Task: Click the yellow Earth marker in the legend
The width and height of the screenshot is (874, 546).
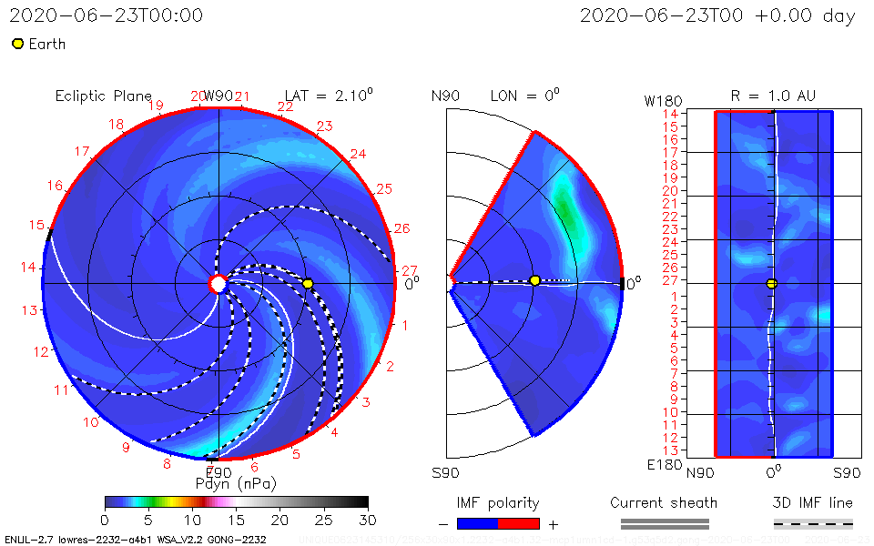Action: click(17, 44)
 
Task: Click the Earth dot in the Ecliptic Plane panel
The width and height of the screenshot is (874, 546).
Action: click(308, 284)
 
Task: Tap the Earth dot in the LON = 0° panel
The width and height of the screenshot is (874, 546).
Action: click(534, 280)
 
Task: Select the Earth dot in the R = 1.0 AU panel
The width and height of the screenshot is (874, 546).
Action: click(772, 284)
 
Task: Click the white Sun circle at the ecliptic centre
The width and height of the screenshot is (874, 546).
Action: click(218, 284)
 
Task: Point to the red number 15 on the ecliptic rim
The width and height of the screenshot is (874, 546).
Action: click(36, 225)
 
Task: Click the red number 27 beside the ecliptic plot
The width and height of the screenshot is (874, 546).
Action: click(409, 270)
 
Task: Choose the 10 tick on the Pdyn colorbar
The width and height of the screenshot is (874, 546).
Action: click(192, 519)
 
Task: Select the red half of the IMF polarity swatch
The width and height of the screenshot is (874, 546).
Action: click(519, 523)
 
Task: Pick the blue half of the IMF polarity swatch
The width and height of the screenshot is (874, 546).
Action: click(478, 523)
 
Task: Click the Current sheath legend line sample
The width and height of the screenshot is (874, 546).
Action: click(665, 523)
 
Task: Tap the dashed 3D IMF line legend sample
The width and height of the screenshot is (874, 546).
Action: click(813, 523)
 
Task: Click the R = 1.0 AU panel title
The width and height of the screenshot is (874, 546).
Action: click(773, 96)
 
